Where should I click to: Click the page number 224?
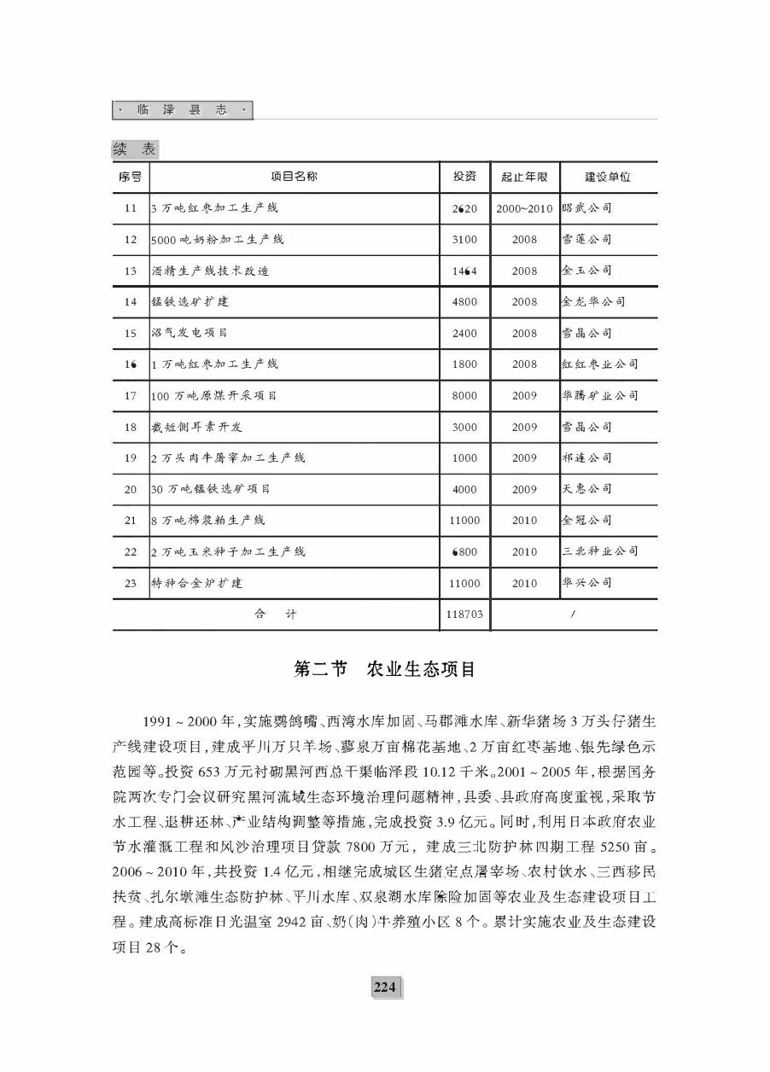coord(384,988)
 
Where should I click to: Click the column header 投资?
coord(464,177)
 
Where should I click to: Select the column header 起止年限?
coord(524,178)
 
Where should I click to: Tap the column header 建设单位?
coord(607,177)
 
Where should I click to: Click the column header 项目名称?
coord(294,177)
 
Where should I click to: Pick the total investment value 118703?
coord(464,614)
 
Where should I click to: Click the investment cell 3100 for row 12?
coord(464,239)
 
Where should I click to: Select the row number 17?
coord(131,396)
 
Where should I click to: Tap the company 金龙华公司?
coord(593,302)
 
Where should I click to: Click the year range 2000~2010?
coord(524,208)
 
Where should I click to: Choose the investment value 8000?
coord(464,396)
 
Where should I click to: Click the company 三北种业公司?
coord(600,551)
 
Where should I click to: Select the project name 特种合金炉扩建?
coord(196,583)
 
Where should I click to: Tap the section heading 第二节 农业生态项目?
coord(384,669)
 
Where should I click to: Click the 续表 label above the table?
coord(135,149)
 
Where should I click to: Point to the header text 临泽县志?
coord(183,111)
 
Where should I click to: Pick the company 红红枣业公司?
coord(600,364)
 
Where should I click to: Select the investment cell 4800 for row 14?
coord(464,302)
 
